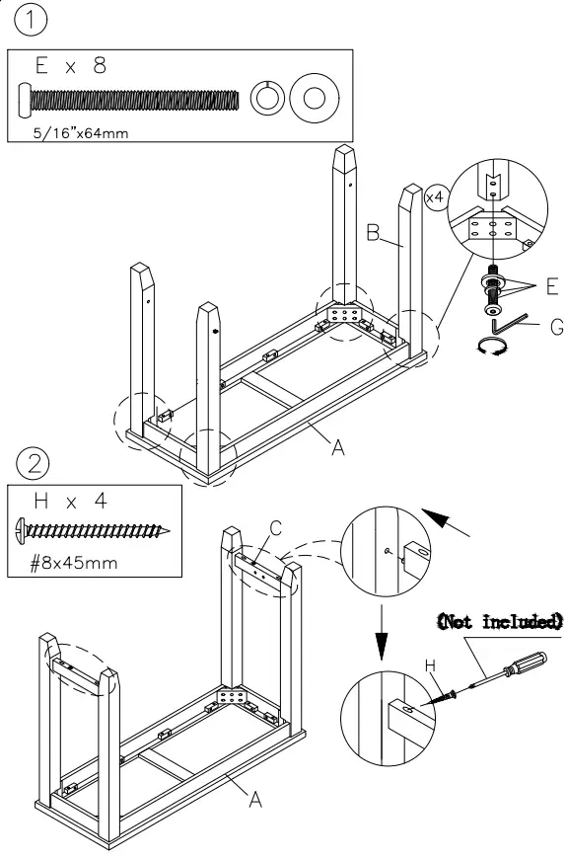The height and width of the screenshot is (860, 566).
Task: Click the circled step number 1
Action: (31, 21)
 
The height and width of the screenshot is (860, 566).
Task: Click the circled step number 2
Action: (34, 463)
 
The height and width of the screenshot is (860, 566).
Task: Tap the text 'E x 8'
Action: (71, 66)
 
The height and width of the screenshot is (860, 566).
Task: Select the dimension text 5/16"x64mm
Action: (81, 132)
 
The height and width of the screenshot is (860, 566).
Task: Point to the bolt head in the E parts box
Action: (25, 100)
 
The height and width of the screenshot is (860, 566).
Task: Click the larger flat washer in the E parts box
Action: (314, 98)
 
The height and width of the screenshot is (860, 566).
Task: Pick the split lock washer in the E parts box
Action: (267, 98)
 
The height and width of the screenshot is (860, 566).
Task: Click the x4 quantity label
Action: (436, 196)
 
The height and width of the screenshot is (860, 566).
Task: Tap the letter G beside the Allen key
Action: (557, 327)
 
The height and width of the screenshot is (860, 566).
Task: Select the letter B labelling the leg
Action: (373, 233)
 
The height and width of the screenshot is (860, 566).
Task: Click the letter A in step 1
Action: (338, 447)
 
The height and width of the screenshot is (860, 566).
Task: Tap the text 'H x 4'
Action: (71, 501)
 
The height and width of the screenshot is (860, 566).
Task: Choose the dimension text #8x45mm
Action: (73, 563)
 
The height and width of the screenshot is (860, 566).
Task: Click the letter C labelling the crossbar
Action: (275, 528)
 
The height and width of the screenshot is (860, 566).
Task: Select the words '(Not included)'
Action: (500, 621)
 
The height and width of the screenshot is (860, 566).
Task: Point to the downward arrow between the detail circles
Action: (382, 632)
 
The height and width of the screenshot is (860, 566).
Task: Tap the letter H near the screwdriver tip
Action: (430, 665)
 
